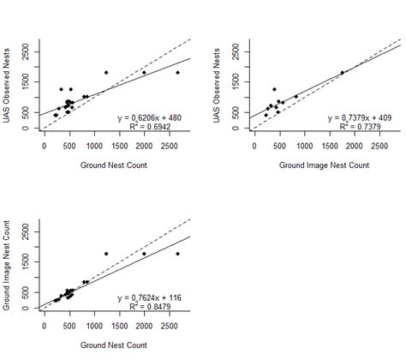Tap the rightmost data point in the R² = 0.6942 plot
[x=177, y=73]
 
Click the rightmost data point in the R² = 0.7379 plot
[x=343, y=73]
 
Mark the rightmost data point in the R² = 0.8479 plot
[x=177, y=254]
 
